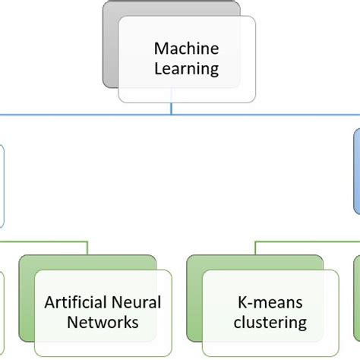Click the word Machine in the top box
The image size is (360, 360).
click(187, 49)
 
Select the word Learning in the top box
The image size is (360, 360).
click(187, 69)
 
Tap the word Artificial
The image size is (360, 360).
click(75, 302)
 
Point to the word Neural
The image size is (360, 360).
click(136, 302)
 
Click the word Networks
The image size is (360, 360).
click(103, 322)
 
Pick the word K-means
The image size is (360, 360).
click(270, 302)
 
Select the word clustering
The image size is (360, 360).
click(270, 323)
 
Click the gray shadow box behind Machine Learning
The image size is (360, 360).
click(110, 46)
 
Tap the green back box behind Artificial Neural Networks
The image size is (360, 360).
click(27, 298)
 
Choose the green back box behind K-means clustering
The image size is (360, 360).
click(194, 298)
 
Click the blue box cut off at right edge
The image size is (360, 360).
click(357, 172)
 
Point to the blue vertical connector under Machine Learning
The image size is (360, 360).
click(172, 109)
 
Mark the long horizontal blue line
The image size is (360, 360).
click(180, 115)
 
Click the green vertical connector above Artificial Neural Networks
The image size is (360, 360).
click(87, 248)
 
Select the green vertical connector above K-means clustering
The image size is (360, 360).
click(255, 248)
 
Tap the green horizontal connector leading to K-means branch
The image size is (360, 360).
click(307, 242)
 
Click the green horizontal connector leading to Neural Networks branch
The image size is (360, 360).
click(44, 242)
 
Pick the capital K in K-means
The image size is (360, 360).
click(242, 302)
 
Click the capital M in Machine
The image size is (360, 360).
click(160, 49)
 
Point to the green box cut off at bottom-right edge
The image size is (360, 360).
click(357, 298)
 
